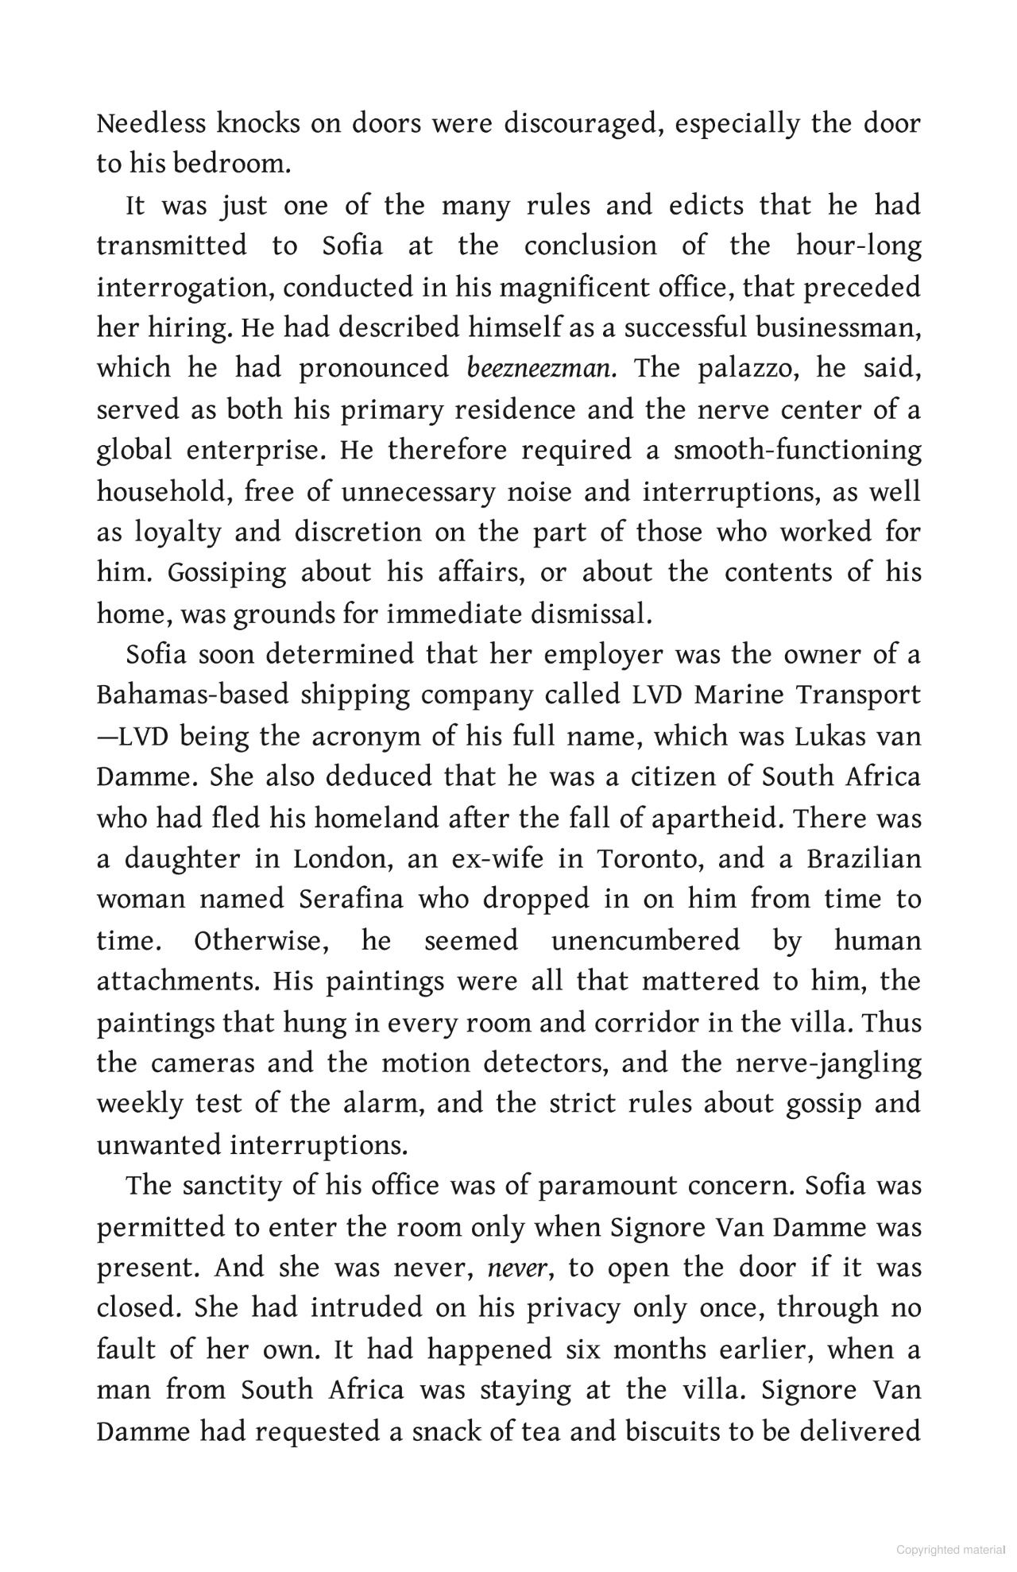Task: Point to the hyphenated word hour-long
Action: coord(859,246)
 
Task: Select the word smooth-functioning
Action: coord(798,451)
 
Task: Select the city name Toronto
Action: coord(647,859)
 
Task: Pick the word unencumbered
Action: coord(645,941)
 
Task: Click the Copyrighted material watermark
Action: coord(949,1550)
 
